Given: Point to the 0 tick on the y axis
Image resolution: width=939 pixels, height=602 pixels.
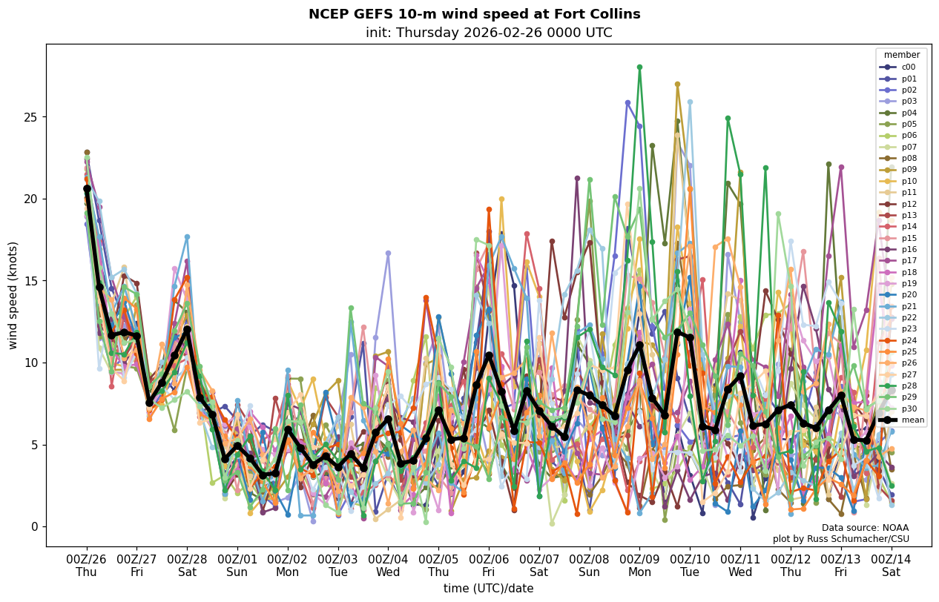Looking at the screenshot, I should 33,527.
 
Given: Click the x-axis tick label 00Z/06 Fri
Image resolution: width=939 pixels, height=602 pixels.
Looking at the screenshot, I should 489,566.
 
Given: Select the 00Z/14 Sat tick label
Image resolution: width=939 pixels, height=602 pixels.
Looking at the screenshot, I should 891,566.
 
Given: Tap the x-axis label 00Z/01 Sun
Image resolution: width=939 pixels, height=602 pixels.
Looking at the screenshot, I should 237,566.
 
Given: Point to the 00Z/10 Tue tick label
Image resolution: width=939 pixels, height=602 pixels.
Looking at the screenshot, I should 690,566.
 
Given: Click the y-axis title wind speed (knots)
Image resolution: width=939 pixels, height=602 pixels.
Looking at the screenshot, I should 13,295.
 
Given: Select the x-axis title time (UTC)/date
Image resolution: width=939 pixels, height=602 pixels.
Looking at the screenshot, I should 488,589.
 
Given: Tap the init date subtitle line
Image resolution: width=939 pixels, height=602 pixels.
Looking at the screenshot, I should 489,33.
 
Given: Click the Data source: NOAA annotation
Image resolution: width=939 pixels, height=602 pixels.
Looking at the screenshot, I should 865,528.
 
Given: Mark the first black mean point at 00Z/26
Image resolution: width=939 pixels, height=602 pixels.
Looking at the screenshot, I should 87,189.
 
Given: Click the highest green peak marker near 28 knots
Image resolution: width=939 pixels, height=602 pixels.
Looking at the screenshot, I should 639,67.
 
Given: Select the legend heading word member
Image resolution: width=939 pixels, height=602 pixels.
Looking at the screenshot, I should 901,55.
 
